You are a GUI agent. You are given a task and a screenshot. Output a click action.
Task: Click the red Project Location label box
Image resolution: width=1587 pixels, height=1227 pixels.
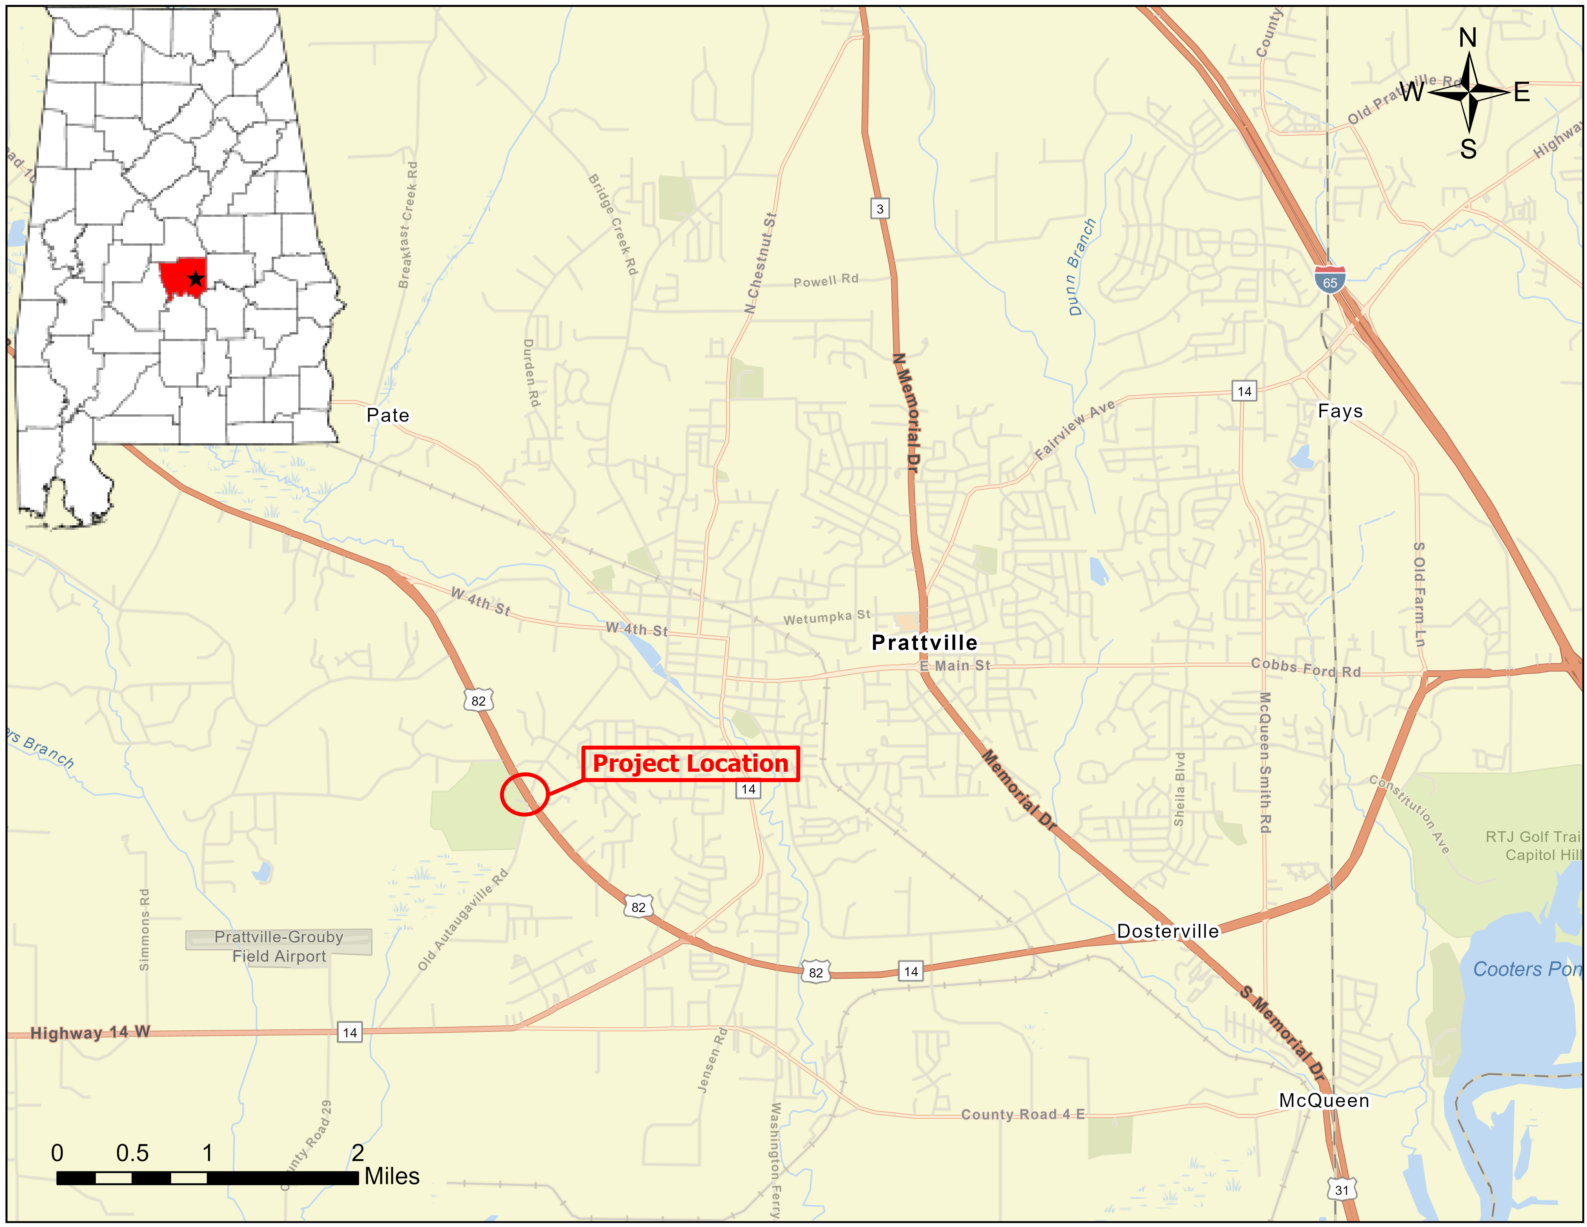690,764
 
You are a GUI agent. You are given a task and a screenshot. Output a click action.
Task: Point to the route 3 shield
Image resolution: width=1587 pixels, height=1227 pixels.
880,209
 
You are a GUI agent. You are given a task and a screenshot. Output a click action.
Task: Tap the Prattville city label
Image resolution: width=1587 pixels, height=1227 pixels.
924,643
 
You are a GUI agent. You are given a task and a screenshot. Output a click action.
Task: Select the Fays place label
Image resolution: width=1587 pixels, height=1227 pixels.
1340,411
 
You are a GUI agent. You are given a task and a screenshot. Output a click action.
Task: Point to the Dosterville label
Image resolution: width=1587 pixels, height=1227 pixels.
1168,931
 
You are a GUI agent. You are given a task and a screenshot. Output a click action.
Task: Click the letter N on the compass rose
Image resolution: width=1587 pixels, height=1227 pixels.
1468,38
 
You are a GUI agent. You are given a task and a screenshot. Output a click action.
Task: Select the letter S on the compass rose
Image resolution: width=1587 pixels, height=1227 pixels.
1468,149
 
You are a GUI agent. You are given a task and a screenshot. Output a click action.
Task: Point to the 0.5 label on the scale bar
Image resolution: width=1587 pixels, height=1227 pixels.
132,1153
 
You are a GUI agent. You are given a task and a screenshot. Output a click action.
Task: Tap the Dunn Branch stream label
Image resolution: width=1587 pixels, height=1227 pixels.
1081,267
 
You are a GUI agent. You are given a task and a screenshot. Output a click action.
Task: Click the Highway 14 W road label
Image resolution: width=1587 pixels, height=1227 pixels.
90,1032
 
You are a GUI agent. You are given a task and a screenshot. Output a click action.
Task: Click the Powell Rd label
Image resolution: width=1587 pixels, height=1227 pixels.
826,281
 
